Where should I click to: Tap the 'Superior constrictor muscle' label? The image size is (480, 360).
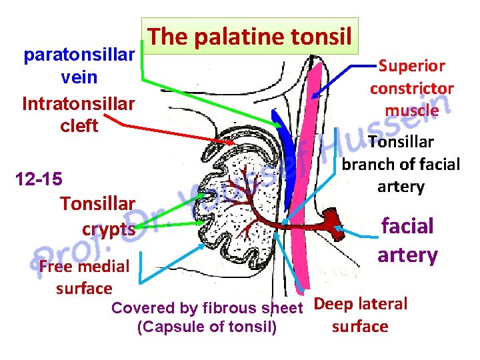[x=412, y=87]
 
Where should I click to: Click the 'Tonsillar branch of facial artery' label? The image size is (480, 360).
[x=401, y=164]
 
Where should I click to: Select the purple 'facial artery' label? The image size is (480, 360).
[x=408, y=239]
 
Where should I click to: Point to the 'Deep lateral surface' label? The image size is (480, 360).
[x=360, y=315]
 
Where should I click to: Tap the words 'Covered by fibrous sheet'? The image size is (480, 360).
[x=207, y=308]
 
